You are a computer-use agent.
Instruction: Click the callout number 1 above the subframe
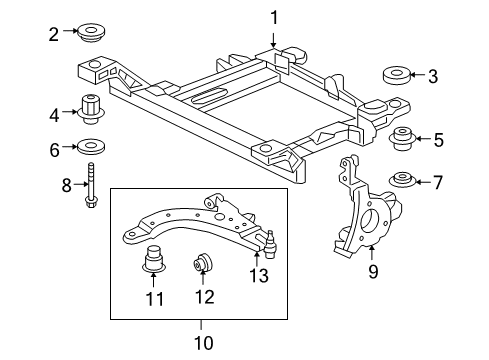tap(273, 16)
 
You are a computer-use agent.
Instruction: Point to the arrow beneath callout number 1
tap(273, 38)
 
